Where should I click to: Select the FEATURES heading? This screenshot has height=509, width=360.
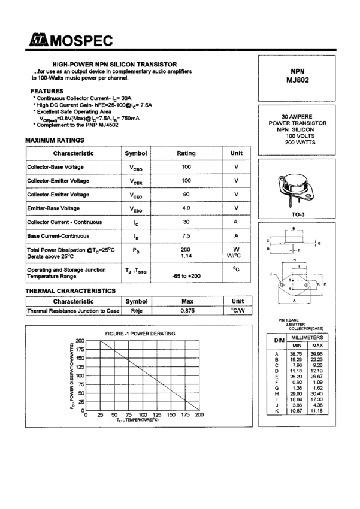pyautogui.click(x=47, y=90)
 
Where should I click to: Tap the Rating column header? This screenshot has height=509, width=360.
pyautogui.click(x=186, y=153)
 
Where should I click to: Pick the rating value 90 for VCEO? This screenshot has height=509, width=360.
pyautogui.click(x=186, y=195)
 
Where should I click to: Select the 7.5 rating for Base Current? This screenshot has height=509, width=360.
pyautogui.click(x=186, y=236)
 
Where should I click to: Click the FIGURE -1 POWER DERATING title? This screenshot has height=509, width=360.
pyautogui.click(x=140, y=333)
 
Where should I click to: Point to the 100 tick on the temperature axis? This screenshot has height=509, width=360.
pyautogui.click(x=143, y=414)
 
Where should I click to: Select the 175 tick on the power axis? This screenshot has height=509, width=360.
pyautogui.click(x=80, y=349)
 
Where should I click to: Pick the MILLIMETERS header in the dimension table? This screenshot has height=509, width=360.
pyautogui.click(x=307, y=338)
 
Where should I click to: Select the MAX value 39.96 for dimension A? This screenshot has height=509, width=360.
pyautogui.click(x=317, y=354)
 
